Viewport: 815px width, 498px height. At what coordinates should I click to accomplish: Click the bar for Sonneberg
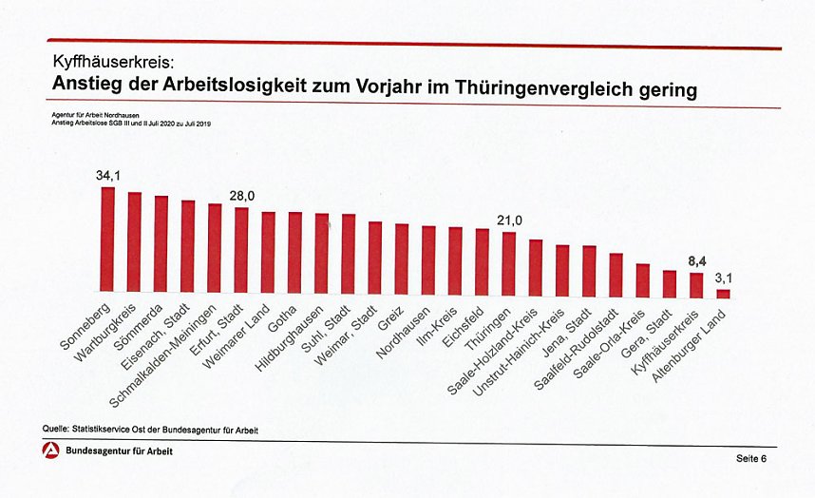[x=107, y=239]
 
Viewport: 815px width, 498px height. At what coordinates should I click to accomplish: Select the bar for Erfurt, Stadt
[x=241, y=249]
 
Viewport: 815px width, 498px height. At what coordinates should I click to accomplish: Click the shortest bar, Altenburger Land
[x=723, y=294]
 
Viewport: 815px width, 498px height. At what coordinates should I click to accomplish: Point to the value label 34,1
[x=108, y=176]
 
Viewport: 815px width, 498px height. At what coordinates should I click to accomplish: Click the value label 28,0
[x=241, y=196]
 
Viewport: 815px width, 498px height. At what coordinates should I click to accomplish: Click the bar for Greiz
[x=402, y=258]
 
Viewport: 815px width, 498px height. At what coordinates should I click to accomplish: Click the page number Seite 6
[x=750, y=459]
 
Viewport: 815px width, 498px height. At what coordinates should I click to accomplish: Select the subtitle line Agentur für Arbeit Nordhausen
[x=95, y=113]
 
